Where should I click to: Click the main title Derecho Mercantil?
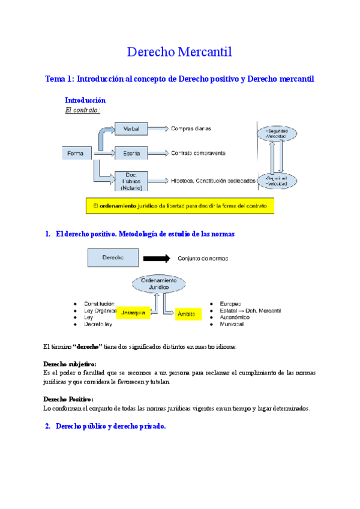179,53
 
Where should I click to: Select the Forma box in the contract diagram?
76,153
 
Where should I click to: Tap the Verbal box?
131,128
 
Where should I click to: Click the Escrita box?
131,153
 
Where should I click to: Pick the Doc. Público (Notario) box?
131,180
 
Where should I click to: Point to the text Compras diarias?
191,128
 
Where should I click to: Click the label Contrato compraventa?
198,153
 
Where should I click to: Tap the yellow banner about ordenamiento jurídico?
180,206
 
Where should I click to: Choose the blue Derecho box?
113,258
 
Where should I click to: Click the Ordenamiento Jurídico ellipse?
158,284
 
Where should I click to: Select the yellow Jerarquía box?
132,313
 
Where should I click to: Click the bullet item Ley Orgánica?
100,310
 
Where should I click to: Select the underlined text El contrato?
82,110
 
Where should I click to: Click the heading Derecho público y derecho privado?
110,426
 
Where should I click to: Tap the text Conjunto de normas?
202,259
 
